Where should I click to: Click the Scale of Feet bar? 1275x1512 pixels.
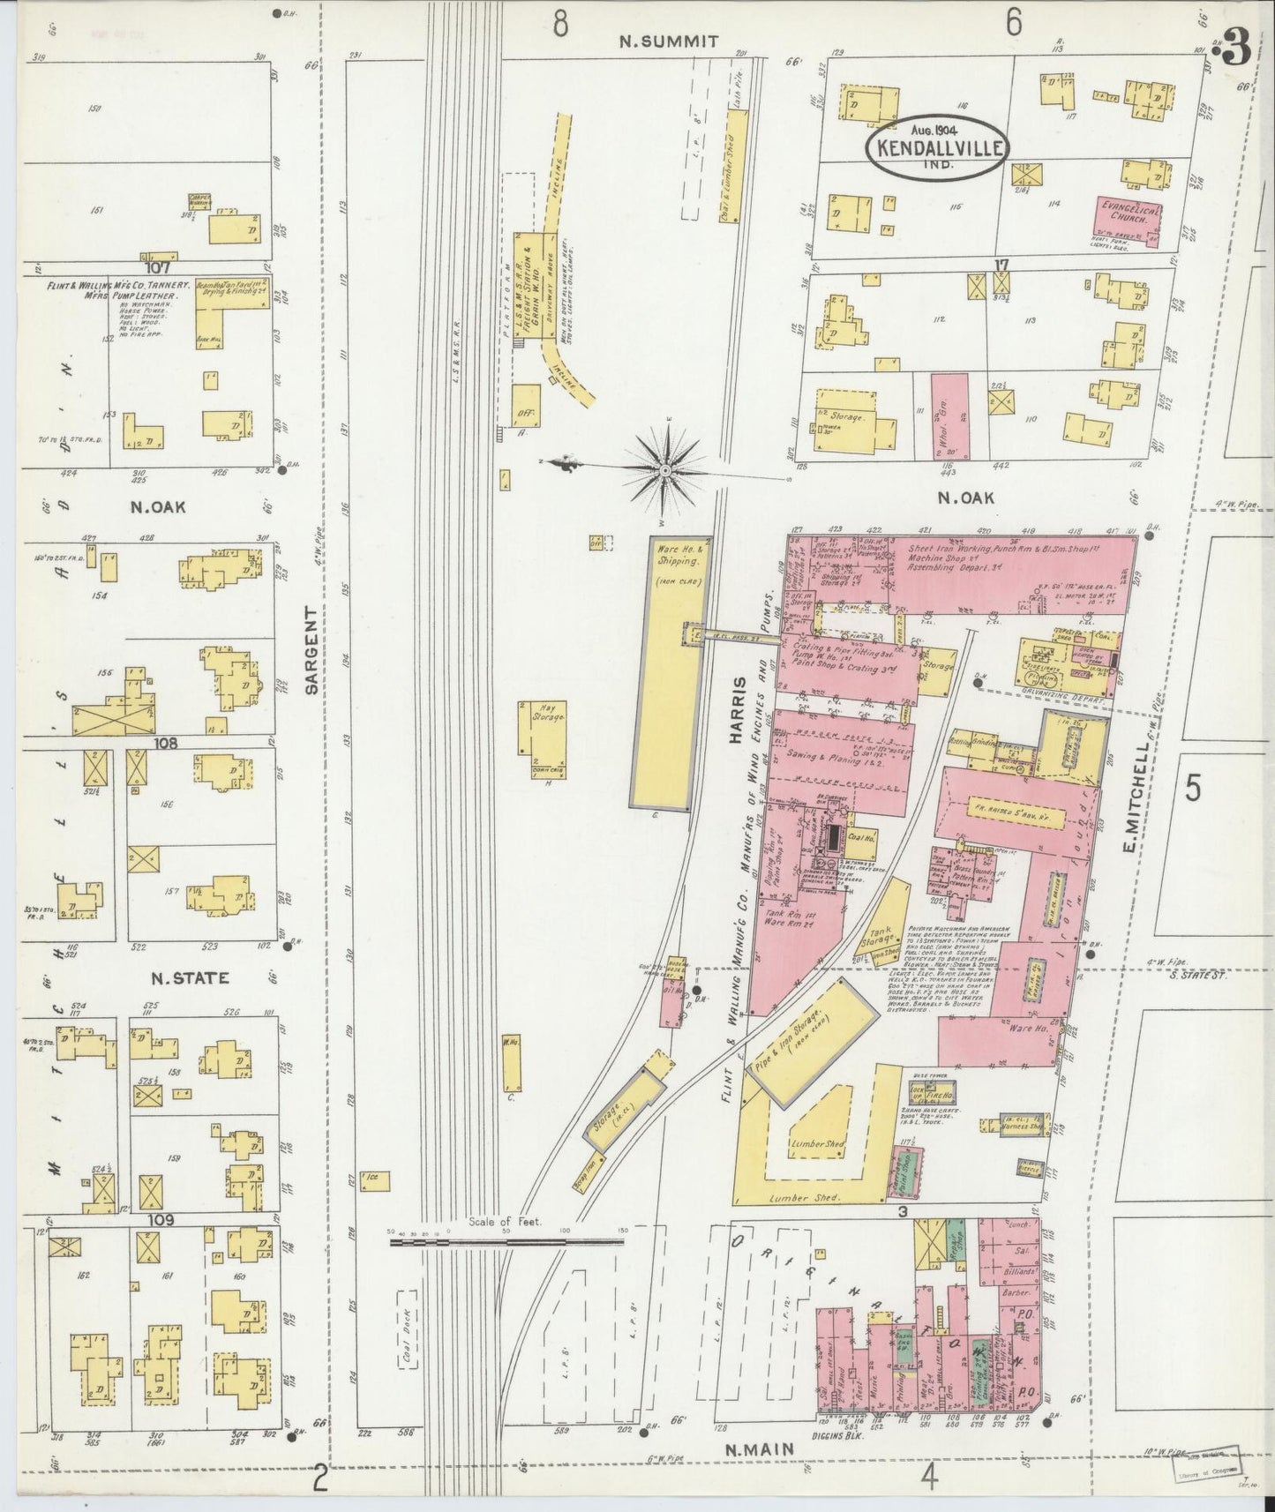coord(507,1240)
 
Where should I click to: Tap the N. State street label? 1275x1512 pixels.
coord(190,977)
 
